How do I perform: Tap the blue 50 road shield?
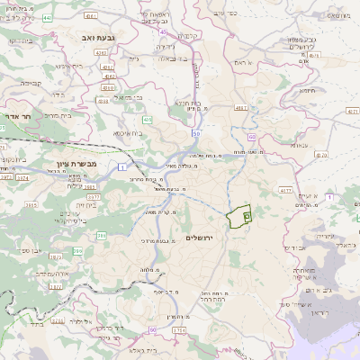251,135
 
